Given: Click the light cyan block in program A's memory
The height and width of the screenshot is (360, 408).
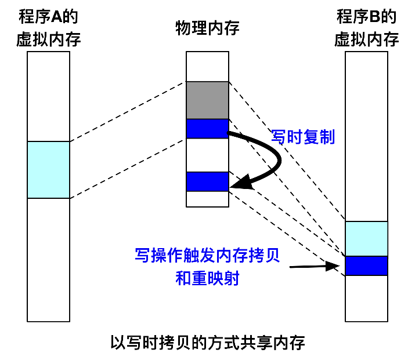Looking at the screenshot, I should (x=48, y=170).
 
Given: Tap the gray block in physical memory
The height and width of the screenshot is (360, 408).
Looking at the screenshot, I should (x=207, y=100).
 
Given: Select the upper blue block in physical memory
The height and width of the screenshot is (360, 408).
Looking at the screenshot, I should (x=207, y=128).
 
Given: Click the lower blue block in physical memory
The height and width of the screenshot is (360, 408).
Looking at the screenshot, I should (x=207, y=181).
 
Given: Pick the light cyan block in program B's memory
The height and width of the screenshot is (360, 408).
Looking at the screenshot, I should (x=366, y=238).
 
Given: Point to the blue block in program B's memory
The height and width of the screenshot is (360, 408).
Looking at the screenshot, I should (x=366, y=266).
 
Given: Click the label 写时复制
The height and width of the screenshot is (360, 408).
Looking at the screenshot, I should (x=303, y=137).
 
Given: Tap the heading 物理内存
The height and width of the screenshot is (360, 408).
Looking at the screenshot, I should (x=207, y=28).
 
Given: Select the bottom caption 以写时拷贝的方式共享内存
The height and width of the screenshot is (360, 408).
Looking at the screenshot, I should (x=207, y=342).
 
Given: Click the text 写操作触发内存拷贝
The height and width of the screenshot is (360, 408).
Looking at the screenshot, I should (x=207, y=255).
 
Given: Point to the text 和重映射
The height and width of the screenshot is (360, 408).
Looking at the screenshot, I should (x=207, y=278).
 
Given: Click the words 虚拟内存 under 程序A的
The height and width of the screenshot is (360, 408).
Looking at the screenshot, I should (x=48, y=40).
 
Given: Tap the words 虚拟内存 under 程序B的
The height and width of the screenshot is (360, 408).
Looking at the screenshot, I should (x=366, y=40).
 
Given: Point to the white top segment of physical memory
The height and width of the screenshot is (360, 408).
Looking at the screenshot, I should (x=207, y=66).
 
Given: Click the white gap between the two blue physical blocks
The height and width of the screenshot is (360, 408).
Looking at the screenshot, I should (x=207, y=155).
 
